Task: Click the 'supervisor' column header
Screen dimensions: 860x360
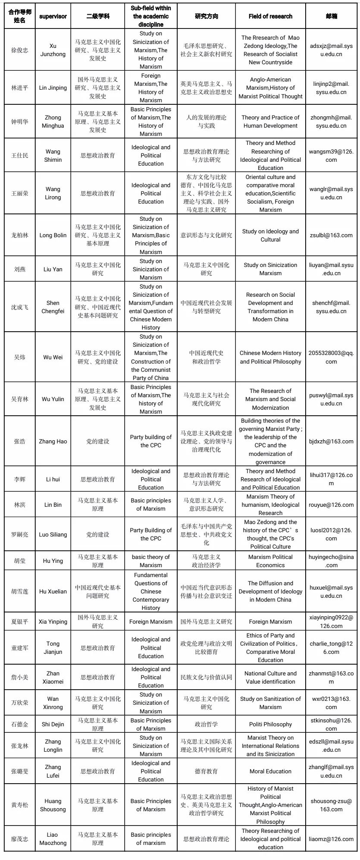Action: tap(53, 16)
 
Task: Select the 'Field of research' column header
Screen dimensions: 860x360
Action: tap(270, 16)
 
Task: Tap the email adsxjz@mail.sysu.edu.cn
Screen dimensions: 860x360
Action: tap(331, 50)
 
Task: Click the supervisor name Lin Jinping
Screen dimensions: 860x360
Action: tap(53, 88)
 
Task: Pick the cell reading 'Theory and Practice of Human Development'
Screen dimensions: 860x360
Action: tap(270, 122)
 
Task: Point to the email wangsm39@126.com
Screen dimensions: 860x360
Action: tap(331, 155)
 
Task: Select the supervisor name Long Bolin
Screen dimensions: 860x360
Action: tap(53, 235)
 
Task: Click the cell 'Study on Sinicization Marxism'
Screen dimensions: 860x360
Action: tap(270, 269)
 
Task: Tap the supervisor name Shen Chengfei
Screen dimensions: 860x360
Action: tap(53, 307)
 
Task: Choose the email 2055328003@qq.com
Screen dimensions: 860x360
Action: tap(331, 357)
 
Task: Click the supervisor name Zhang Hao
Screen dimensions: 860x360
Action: tap(53, 442)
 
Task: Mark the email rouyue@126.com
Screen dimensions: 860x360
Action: tap(331, 505)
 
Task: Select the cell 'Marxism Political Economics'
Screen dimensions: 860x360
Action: tap(270, 561)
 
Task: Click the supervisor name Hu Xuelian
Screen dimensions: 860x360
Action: tap(53, 592)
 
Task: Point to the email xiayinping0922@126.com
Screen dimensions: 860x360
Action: tap(331, 622)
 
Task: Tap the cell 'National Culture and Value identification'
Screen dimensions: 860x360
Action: tap(270, 678)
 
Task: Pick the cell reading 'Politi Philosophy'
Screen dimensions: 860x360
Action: tap(270, 725)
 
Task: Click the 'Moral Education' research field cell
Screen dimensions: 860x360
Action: tap(270, 772)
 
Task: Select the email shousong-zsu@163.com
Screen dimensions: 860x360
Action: tap(331, 805)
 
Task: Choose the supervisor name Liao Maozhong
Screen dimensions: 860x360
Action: tap(53, 839)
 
